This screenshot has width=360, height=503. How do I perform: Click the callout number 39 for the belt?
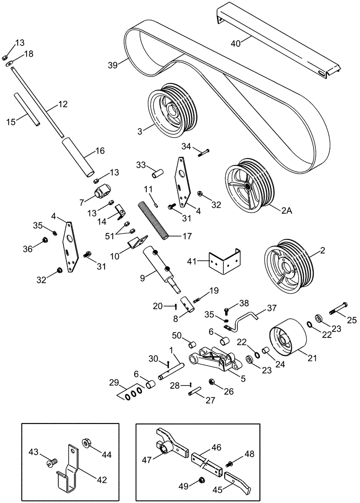coord(113,65)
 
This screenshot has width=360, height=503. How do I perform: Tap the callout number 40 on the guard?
coord(235,43)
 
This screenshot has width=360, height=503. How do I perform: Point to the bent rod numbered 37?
coord(246,320)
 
